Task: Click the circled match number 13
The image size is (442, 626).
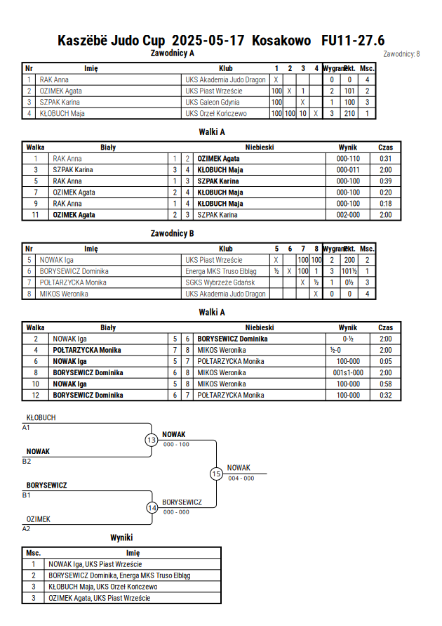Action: point(152,441)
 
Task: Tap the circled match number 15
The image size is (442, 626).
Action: point(216,474)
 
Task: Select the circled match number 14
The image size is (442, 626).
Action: point(152,508)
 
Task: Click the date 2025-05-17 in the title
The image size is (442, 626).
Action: point(208,40)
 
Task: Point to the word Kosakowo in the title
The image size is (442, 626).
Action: point(281,40)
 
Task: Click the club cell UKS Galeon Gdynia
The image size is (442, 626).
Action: point(213,102)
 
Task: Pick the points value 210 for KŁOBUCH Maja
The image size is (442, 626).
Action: point(349,113)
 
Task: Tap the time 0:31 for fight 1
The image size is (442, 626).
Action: point(385,159)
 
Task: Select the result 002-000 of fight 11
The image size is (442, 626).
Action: point(348,215)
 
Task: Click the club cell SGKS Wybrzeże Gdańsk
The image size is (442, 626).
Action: point(220,282)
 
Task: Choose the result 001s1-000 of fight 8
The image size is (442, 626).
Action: point(348,372)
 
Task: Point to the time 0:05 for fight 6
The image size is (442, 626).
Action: point(385,361)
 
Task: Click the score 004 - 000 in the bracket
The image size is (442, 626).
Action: point(241,478)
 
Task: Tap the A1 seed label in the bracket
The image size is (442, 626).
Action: point(26,428)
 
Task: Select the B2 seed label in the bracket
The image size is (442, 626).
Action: point(26,461)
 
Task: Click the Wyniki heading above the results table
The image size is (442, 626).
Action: point(121,537)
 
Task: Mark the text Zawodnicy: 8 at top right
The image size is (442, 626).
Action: point(401,54)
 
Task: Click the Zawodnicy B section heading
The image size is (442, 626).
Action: point(172,233)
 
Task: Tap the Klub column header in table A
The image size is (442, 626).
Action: point(226,68)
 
